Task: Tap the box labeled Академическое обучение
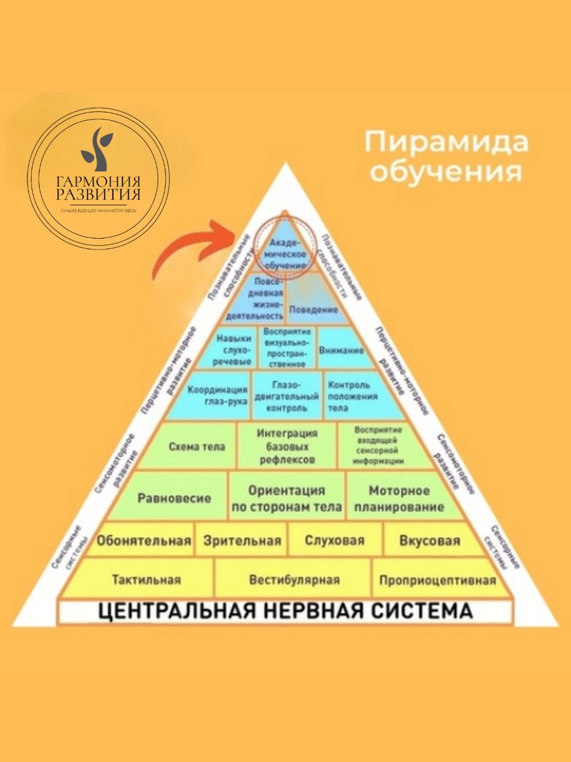point(286,253)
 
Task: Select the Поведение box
point(313,309)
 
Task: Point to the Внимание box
point(341,350)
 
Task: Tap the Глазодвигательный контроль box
point(287,396)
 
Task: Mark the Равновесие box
point(174,498)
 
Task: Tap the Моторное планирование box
point(399,498)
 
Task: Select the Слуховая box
point(334,541)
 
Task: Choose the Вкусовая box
point(430,541)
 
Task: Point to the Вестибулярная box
point(294,580)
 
